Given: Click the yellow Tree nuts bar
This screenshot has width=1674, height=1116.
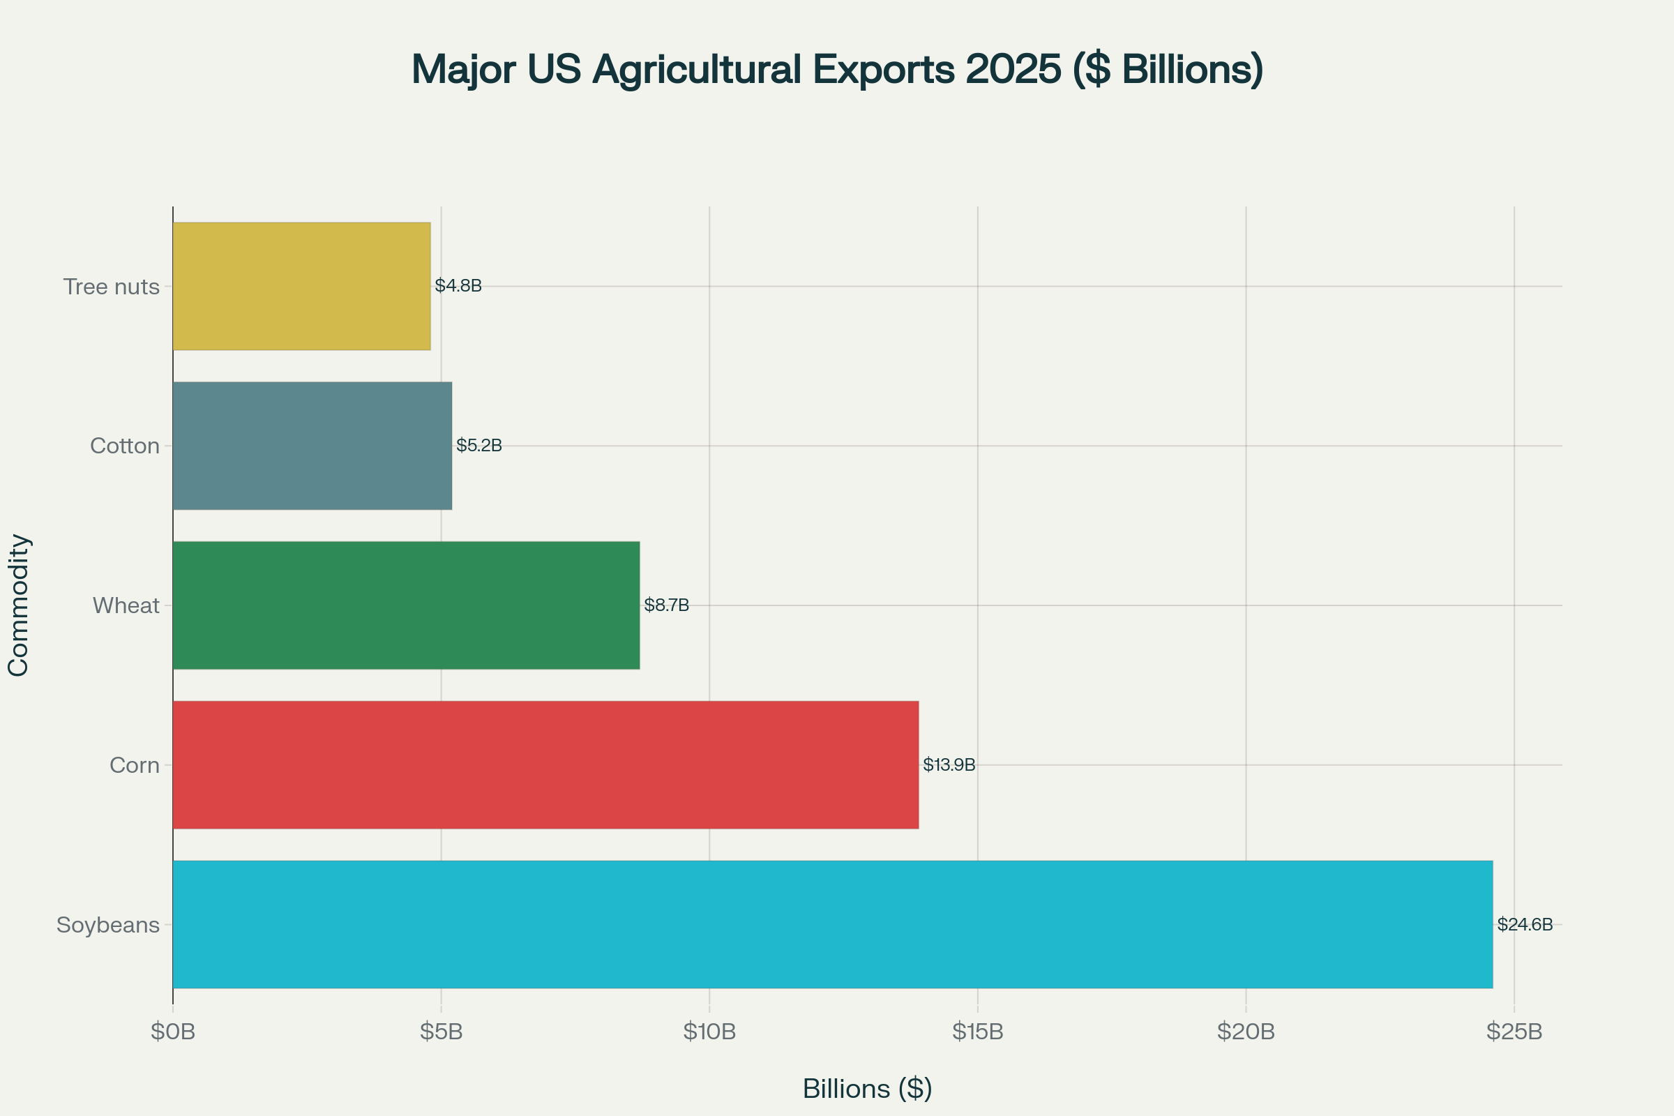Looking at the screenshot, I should coord(301,286).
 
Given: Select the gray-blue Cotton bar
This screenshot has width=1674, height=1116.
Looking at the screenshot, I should coord(312,446).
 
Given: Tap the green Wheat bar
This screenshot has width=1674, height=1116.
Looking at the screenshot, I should coord(406,605).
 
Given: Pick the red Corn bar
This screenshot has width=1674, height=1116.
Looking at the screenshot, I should coord(545,764).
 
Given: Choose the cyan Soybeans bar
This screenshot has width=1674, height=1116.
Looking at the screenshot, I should coord(832,923).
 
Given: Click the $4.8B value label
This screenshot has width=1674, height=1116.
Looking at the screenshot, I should coord(458,285).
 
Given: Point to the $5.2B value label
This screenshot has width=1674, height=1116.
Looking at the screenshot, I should coord(479,445).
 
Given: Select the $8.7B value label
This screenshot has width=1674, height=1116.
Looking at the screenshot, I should coord(666,605).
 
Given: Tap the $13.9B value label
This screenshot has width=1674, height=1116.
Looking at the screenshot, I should coord(949,764).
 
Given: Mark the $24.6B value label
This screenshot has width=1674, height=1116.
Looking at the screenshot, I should coord(1525,923).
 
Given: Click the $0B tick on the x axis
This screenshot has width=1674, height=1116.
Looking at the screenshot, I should coord(173,1032).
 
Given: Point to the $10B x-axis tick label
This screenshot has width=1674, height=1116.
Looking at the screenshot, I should coord(709,1032).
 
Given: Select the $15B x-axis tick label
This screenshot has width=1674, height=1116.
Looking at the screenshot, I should coord(977,1032).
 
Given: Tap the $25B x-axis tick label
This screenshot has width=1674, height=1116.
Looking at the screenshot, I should coord(1514,1032).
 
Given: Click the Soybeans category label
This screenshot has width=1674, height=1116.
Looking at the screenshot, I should coord(108,925).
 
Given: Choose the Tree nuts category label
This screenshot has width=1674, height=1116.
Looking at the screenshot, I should coord(111,286).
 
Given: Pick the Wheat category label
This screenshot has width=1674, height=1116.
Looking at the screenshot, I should coord(126,605).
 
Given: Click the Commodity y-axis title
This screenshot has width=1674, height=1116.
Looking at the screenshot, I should coord(18,605).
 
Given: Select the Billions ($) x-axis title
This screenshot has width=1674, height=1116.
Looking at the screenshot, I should coord(867,1089).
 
